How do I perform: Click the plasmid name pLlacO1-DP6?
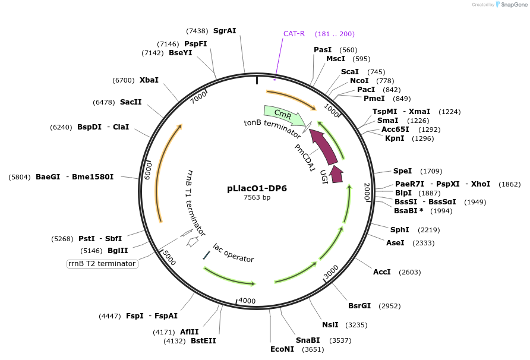[x=257, y=188]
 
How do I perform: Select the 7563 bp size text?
[x=257, y=198]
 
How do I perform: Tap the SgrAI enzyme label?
[x=225, y=31]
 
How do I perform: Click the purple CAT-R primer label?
[x=294, y=34]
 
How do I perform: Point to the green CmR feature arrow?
[x=282, y=112]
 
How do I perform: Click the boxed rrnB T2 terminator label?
[x=102, y=264]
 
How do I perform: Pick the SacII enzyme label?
[x=131, y=102]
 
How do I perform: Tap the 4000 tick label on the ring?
[x=247, y=301]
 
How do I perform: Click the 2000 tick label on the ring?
[x=367, y=191]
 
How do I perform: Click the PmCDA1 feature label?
[x=305, y=157]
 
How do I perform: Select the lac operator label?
[x=234, y=253]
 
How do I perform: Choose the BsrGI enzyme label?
[x=359, y=306]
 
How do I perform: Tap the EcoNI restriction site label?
[x=282, y=349]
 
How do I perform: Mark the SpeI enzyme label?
[x=402, y=171]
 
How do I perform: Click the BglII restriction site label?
[x=118, y=251]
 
